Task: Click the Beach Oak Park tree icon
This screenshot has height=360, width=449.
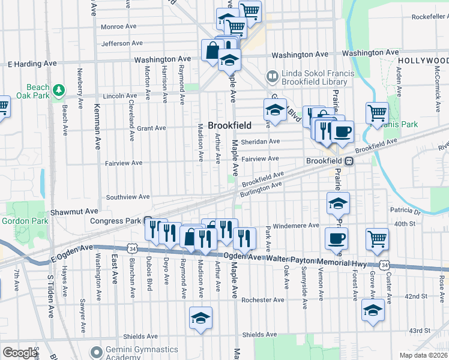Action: (x=59, y=91)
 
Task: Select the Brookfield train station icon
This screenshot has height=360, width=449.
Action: (x=348, y=161)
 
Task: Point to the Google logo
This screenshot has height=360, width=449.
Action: (x=19, y=353)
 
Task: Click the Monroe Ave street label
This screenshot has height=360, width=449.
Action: (x=120, y=26)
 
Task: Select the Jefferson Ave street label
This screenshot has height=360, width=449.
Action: (x=122, y=43)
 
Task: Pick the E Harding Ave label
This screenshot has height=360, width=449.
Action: (x=32, y=63)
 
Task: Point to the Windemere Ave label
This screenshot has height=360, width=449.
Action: (x=296, y=226)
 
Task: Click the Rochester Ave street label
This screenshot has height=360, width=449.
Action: (x=262, y=299)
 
